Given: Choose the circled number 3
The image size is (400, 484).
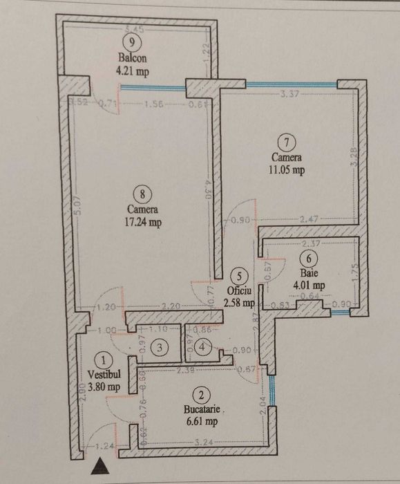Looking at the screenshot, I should point(160,348).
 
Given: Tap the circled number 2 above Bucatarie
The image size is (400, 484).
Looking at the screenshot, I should point(201,395).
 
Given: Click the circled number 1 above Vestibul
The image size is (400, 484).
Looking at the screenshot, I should point(104,360).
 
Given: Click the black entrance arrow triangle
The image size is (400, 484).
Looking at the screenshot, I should point(99,468).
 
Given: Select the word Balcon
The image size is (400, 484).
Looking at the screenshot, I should point(133,59).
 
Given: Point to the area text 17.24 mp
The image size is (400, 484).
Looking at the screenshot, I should point(144,223).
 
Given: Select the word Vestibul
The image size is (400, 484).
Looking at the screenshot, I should point(104,374).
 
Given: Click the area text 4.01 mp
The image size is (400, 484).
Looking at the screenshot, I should point(309,283).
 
